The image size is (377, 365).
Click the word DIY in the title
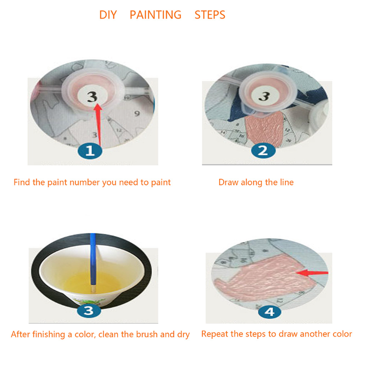(108, 15)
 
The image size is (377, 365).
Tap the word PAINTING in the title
(156, 15)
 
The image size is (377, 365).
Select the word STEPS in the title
(210, 15)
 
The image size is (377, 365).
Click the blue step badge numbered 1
(90, 151)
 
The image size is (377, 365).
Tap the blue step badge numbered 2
(263, 151)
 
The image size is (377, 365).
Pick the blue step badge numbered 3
(89, 310)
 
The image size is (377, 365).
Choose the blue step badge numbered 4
(269, 312)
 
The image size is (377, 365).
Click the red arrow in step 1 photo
(98, 125)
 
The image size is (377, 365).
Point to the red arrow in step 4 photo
(312, 273)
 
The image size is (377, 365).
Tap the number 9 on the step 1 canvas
(137, 114)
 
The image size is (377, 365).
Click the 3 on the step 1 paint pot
(92, 96)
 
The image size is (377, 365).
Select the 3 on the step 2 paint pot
(265, 96)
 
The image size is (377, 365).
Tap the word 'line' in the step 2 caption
(287, 182)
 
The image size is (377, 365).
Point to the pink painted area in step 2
(264, 128)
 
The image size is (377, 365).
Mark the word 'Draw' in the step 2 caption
(228, 182)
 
